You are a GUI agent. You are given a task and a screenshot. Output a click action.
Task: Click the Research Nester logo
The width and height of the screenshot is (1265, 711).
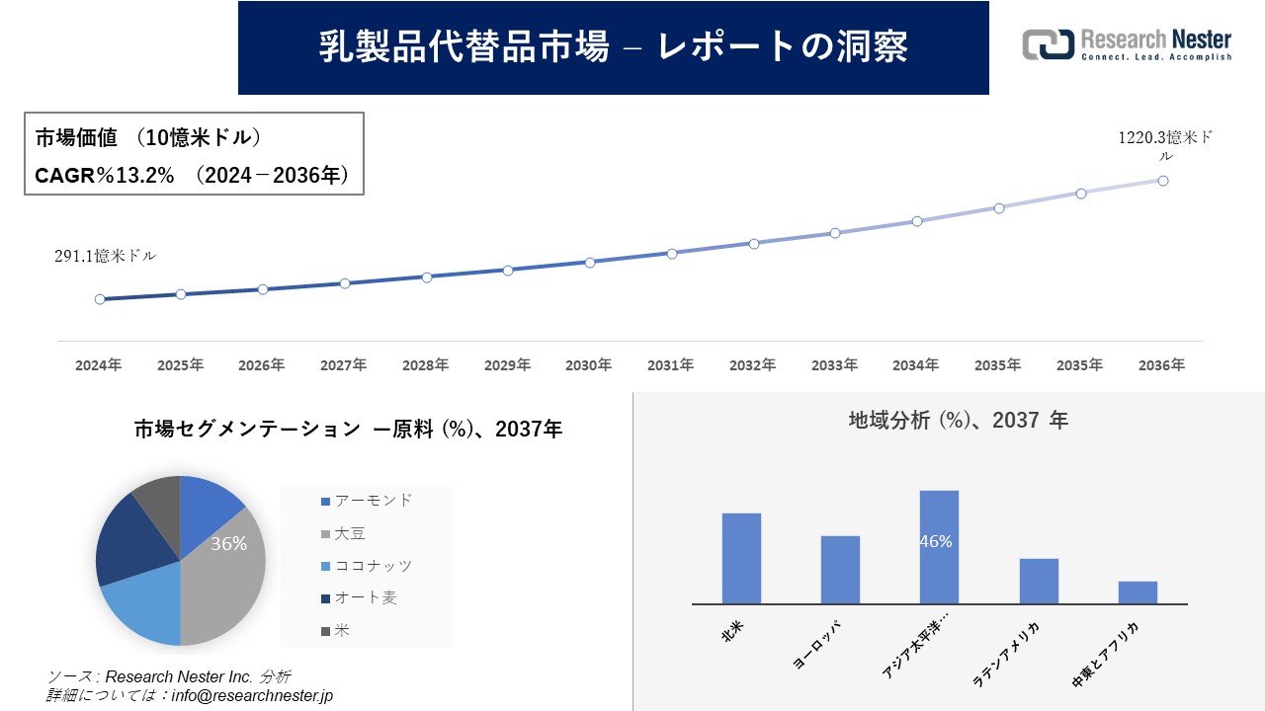pyautogui.click(x=1127, y=44)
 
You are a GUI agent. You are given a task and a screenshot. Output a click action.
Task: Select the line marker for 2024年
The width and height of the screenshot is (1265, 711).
pyautogui.click(x=100, y=299)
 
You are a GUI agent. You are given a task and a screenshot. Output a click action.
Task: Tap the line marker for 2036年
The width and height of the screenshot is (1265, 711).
pyautogui.click(x=1163, y=181)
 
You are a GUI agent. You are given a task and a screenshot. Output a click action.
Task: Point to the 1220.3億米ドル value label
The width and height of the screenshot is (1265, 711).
pyautogui.click(x=1164, y=146)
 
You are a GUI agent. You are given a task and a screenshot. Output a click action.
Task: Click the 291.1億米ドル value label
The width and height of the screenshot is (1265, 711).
pyautogui.click(x=105, y=256)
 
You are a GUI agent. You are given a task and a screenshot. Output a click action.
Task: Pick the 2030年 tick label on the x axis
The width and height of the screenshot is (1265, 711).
pyautogui.click(x=589, y=365)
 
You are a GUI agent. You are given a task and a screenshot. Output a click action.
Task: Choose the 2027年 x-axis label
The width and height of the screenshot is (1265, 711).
pyautogui.click(x=343, y=365)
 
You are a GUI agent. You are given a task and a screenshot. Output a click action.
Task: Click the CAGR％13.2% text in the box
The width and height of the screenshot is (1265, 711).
pyautogui.click(x=105, y=176)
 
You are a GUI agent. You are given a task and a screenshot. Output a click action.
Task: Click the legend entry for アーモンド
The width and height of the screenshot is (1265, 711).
pyautogui.click(x=367, y=501)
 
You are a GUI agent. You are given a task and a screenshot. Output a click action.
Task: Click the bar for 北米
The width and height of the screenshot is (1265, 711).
pyautogui.click(x=741, y=558)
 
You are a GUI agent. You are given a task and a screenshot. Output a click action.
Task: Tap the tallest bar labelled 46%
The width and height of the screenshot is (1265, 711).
pyautogui.click(x=939, y=547)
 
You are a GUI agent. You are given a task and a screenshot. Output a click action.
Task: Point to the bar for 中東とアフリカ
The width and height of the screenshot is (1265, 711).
pyautogui.click(x=1138, y=592)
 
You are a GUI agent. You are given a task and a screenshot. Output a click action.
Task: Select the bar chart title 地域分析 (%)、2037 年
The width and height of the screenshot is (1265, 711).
pyautogui.click(x=958, y=421)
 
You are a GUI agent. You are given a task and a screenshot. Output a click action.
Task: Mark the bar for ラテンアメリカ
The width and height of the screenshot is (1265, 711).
pyautogui.click(x=1039, y=581)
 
